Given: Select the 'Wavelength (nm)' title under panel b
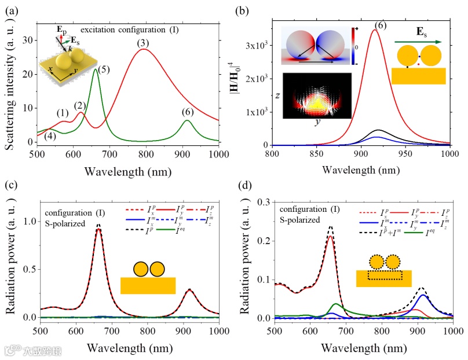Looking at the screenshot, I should click(x=361, y=171).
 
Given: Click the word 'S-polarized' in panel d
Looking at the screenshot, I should click(x=298, y=220).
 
